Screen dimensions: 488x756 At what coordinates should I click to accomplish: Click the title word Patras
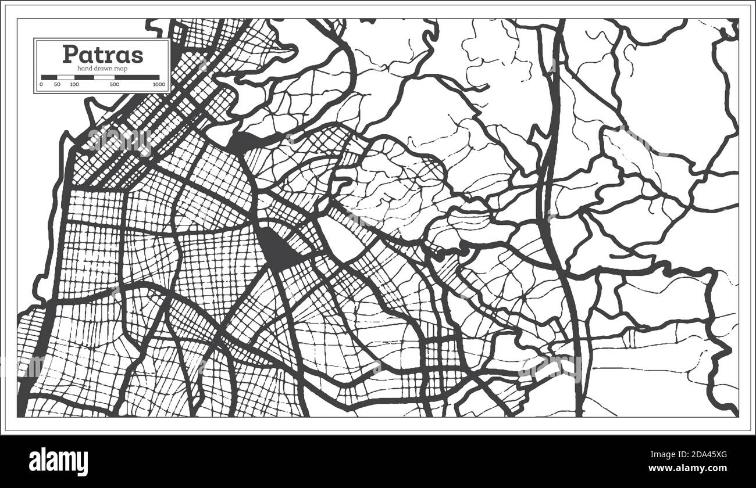point(102,54)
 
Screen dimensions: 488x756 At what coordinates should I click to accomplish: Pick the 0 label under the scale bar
point(41,85)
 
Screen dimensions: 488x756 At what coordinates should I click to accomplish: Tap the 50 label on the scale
point(57,85)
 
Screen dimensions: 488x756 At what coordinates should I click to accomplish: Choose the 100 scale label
point(74,85)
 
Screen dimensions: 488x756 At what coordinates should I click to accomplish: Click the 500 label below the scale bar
point(114,85)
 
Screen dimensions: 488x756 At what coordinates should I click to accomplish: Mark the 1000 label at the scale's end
point(159,85)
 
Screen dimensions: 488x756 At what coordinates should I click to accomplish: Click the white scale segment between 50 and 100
point(66,77)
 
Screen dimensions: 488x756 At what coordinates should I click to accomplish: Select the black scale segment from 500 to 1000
point(137,77)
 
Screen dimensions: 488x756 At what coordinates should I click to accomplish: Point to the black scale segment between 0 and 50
point(49,77)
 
